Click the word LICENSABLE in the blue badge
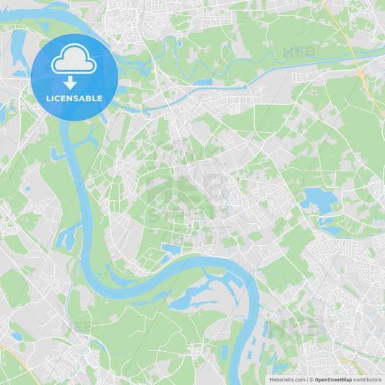click(x=74, y=98)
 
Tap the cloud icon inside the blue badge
click(x=74, y=59)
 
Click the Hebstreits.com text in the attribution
click(x=287, y=379)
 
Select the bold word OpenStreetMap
click(x=333, y=379)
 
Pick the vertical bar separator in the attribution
click(x=308, y=379)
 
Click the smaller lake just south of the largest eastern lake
click(x=330, y=228)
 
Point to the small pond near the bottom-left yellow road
click(x=17, y=336)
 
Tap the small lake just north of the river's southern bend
click(x=170, y=249)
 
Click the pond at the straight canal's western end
click(x=203, y=82)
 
